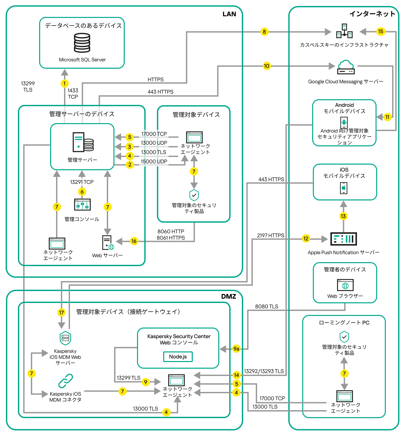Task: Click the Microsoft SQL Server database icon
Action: tap(82, 43)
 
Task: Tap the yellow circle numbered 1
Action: tap(65, 83)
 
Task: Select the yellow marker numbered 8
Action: tap(264, 32)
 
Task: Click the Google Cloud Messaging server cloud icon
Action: tap(346, 67)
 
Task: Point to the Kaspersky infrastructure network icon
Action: tap(344, 31)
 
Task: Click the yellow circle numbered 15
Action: tap(381, 32)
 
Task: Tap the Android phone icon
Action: tap(344, 122)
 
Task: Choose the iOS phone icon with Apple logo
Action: tap(344, 188)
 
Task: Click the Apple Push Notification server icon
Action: tap(344, 239)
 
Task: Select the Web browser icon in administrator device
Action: tap(345, 285)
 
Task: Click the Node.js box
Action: tap(178, 357)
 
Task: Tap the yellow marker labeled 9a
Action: tap(236, 349)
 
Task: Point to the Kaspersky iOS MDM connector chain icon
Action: tap(66, 381)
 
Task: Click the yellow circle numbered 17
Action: tap(61, 312)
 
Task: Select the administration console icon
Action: tap(82, 205)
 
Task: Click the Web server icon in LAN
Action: tap(107, 243)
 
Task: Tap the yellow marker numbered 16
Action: tap(134, 241)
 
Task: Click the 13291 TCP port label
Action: tap(82, 182)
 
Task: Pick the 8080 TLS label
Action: tap(266, 306)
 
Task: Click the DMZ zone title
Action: tap(229, 296)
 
